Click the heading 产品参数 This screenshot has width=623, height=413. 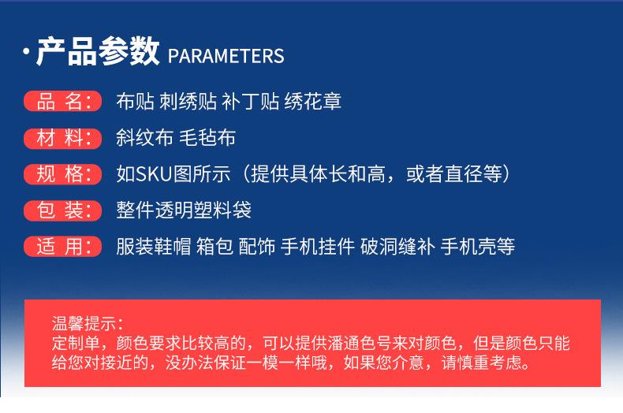pos(98,51)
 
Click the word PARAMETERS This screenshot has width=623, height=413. pos(226,56)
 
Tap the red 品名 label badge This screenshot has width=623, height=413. pos(63,101)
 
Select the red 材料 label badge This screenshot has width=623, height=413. pos(63,138)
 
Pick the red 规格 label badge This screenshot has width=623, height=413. pos(63,174)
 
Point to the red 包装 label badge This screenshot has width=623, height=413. pos(63,210)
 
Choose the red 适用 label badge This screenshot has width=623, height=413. pos(63,247)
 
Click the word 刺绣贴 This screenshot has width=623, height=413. pos(188,101)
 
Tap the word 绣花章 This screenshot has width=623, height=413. pos(313,101)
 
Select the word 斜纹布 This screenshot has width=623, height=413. pos(144,138)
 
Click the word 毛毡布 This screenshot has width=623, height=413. pos(207,138)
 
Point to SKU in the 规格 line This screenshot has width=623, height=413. pos(154,174)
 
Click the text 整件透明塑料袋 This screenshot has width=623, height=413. pos(184,210)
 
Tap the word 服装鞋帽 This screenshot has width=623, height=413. pos(154,246)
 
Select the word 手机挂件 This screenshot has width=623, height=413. pos(318,246)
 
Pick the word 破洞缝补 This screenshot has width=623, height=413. pos(397,246)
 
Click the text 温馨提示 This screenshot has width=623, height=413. pos(84,324)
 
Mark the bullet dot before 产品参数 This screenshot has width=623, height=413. pos(26,51)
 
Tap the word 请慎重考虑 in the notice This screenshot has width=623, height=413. pos(481,363)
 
